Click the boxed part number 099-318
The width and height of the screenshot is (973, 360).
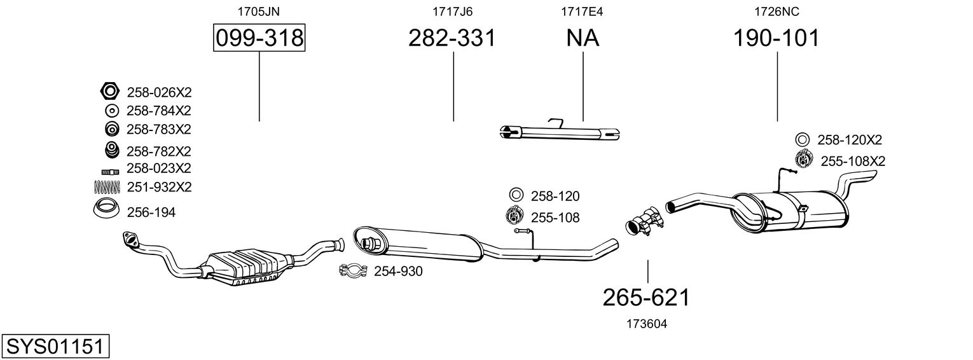pos(259,38)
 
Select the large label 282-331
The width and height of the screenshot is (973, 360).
pos(452,38)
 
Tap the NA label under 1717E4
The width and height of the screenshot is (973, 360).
pos(583,38)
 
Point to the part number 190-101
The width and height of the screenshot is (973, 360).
pos(776,38)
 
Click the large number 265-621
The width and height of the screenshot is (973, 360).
pos(646,298)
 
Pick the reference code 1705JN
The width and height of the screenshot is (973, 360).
pos(258,11)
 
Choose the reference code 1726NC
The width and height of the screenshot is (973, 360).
pos(776,11)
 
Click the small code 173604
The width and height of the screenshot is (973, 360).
pos(647,324)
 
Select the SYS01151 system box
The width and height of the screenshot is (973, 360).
pos(55,347)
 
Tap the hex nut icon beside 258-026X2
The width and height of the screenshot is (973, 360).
pos(109,91)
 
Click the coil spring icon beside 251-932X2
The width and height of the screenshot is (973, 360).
pos(107,187)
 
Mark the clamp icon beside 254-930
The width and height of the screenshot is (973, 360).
pos(353,270)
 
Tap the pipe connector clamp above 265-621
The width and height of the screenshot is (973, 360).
pos(645,221)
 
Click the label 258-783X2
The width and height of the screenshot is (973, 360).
pos(158,129)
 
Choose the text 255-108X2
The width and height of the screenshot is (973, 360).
pos(853,161)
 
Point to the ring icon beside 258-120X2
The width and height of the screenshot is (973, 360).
pos(803,140)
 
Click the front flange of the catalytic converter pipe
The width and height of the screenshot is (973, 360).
pos(130,239)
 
